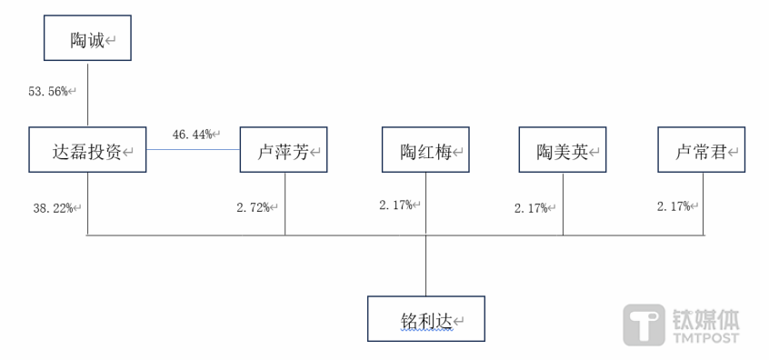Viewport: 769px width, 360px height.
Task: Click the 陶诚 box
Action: tap(87, 39)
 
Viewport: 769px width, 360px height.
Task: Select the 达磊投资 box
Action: tap(87, 150)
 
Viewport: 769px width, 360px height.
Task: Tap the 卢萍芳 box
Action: tap(284, 150)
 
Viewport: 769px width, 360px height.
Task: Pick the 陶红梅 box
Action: tap(425, 150)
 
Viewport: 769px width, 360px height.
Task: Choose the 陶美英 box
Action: tap(562, 150)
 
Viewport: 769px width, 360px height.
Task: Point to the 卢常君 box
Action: tap(702, 150)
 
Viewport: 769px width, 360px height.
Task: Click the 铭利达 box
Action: tap(425, 319)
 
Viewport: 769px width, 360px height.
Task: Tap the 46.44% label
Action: tap(193, 135)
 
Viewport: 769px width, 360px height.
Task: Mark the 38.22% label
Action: tap(54, 208)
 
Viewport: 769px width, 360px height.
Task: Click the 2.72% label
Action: tap(254, 208)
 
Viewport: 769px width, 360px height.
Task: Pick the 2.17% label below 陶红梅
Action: tap(396, 205)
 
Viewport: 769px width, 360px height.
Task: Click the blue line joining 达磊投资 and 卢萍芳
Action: tap(193, 149)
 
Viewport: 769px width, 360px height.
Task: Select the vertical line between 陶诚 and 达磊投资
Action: tap(88, 95)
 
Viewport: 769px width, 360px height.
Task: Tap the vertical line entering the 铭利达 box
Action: tap(425, 265)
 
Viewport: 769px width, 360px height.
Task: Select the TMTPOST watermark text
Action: tap(705, 338)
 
